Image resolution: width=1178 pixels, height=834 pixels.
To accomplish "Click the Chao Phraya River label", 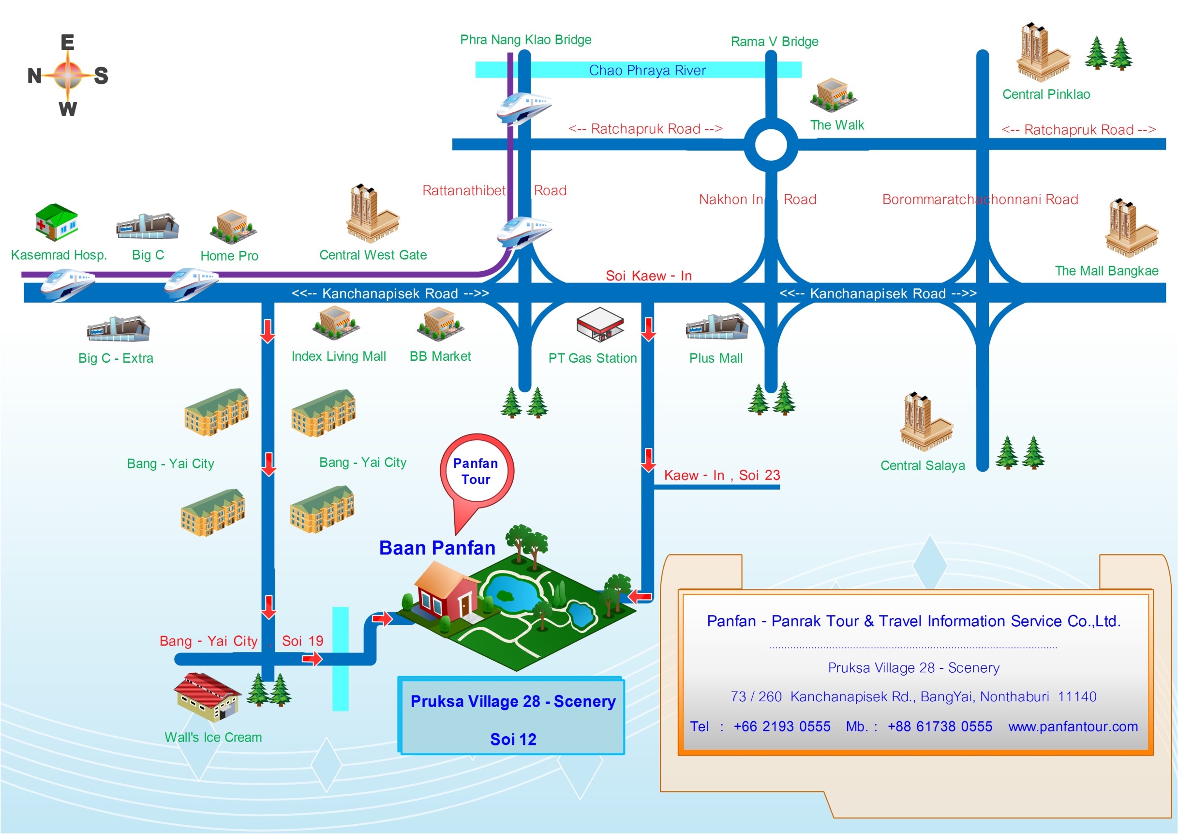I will (x=647, y=70).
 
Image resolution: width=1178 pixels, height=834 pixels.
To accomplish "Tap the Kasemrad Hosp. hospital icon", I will (x=57, y=222).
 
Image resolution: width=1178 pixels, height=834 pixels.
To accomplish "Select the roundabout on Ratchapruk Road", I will (x=771, y=145).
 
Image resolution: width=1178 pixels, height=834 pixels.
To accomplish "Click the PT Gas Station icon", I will (x=599, y=324).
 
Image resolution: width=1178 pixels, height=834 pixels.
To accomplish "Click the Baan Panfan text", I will (x=437, y=548).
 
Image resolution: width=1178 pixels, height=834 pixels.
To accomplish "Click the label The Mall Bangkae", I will (x=1106, y=271).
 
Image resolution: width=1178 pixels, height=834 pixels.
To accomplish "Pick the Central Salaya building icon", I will (x=925, y=423).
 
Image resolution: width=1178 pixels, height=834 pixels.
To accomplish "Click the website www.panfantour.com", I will (x=1073, y=726).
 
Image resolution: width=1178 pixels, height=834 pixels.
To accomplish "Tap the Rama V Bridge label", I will (x=774, y=42).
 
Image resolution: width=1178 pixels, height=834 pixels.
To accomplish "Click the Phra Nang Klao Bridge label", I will (x=525, y=40).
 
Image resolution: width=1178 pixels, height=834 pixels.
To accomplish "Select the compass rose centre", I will (x=68, y=75).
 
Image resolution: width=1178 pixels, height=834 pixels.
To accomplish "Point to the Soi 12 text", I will (x=513, y=739).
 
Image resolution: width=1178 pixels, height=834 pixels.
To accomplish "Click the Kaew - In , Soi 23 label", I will (x=722, y=475).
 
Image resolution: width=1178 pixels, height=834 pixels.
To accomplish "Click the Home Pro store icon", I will (x=232, y=227).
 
